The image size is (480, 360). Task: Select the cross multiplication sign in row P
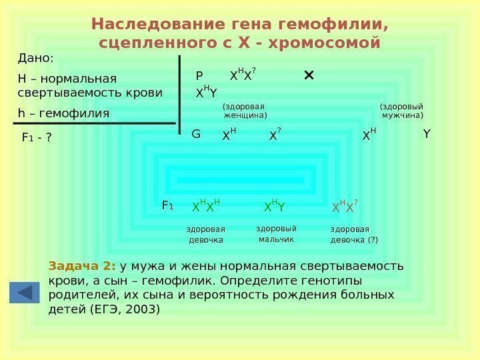[309, 75]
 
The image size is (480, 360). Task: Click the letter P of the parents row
[199, 76]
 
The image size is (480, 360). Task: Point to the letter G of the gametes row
[196, 135]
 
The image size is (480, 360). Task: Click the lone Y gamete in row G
[427, 135]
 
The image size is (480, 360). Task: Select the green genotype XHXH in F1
[205, 207]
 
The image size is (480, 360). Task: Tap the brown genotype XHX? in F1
[345, 207]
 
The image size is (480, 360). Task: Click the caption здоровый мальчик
[276, 234]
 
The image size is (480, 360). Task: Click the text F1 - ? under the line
[37, 139]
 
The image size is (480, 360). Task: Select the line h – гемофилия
[63, 113]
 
